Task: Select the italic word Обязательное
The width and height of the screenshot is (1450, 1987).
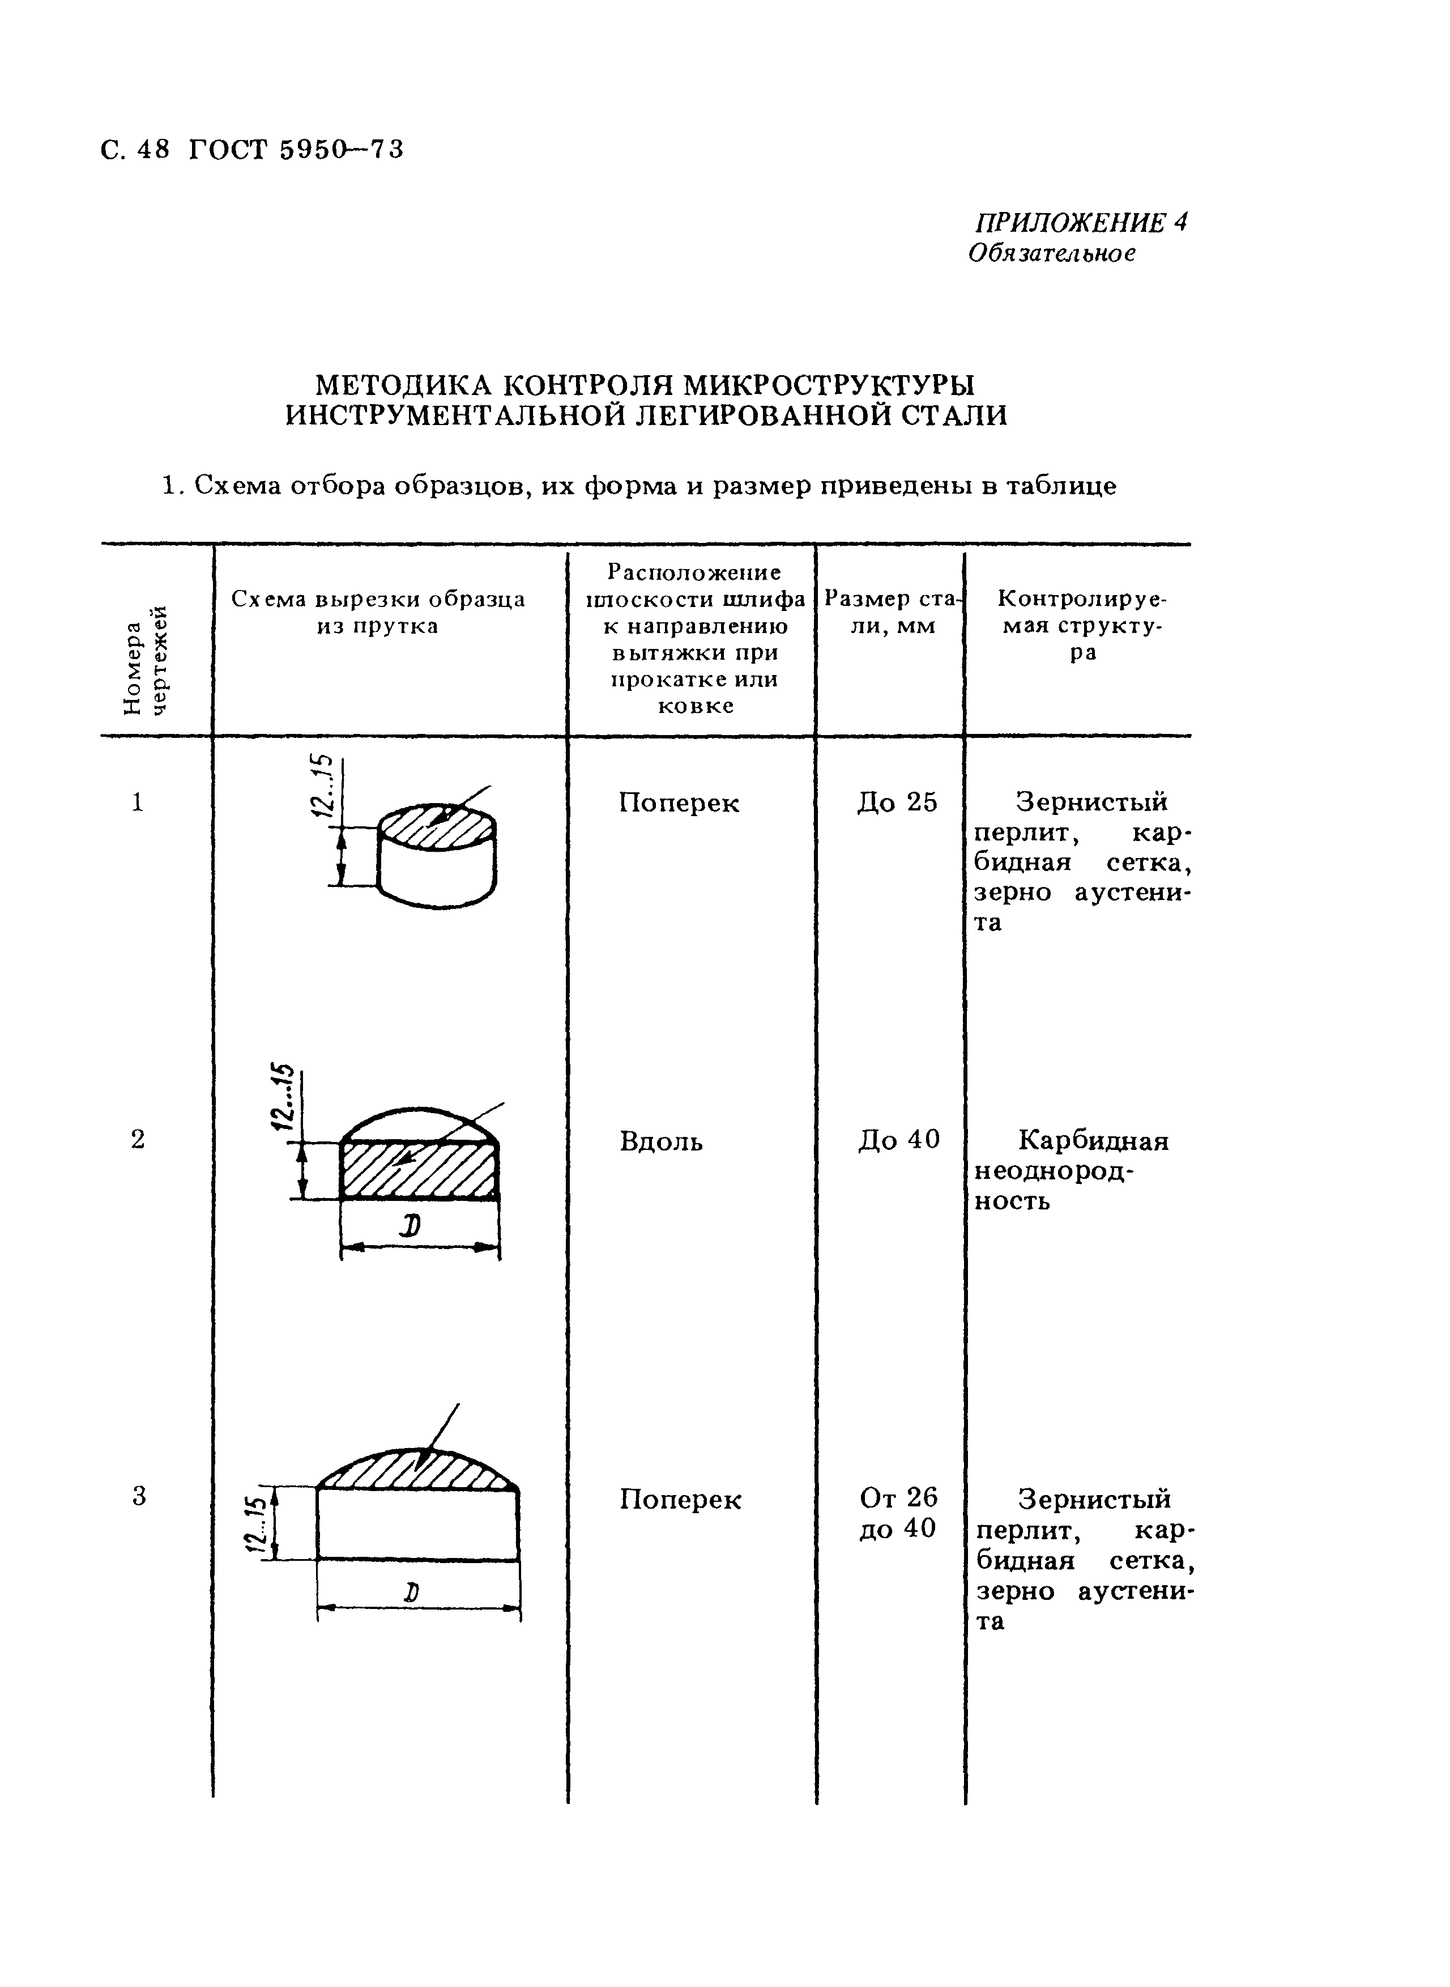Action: point(1051,254)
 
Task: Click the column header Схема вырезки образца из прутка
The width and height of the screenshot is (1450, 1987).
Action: point(378,612)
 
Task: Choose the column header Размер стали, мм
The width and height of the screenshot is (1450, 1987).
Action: point(893,612)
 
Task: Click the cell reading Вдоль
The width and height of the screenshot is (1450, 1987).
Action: point(661,1141)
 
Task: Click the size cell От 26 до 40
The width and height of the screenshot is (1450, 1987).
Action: point(898,1512)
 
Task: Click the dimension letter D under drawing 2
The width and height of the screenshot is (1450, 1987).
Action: point(409,1228)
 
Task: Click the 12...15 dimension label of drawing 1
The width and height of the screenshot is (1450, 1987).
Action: point(323,786)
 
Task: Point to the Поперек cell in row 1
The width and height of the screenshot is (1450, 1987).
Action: point(679,803)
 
